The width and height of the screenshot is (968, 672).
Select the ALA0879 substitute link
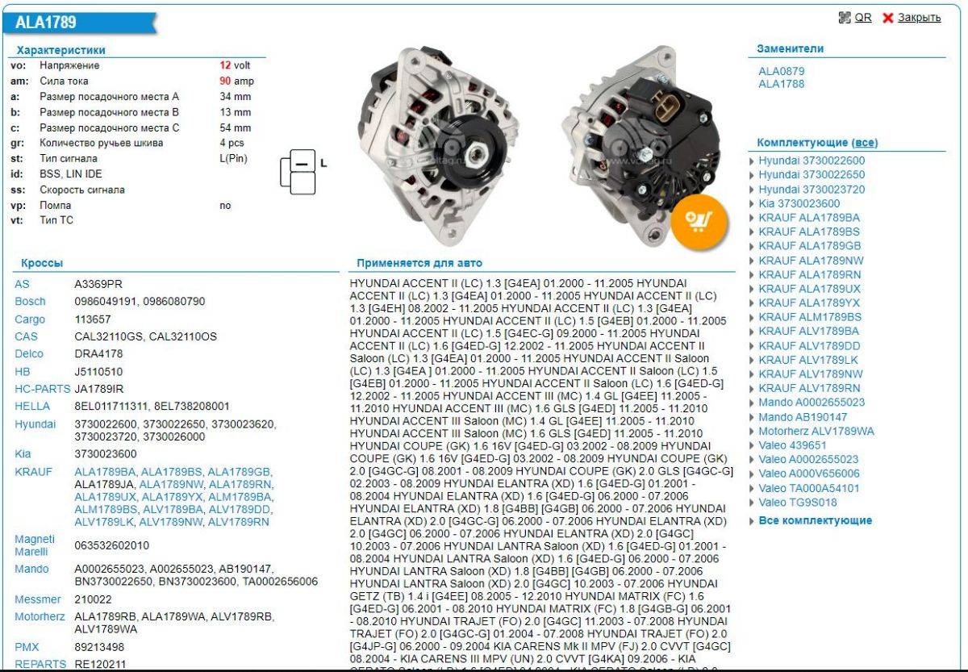pos(782,71)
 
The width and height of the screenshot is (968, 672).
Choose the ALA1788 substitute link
pos(782,84)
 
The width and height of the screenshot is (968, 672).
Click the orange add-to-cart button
pos(699,222)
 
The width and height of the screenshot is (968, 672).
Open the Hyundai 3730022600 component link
pos(812,161)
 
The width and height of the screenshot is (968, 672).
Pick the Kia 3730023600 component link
pos(799,203)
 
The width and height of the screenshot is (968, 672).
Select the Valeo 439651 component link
pos(792,445)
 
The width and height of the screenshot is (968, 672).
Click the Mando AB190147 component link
pos(803,417)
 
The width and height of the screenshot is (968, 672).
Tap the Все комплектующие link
pos(815,520)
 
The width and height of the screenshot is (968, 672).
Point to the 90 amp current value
pos(236,81)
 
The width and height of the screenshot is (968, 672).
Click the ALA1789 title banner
pos(81,23)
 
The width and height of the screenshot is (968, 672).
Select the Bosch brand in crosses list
pos(30,301)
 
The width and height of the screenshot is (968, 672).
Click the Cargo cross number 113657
pos(93,319)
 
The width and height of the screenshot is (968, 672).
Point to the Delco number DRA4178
pos(98,353)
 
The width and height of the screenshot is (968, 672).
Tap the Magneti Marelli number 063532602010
pos(111,545)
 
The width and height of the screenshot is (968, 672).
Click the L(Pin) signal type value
pos(233,159)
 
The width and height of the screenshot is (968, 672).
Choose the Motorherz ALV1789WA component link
pos(816,432)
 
